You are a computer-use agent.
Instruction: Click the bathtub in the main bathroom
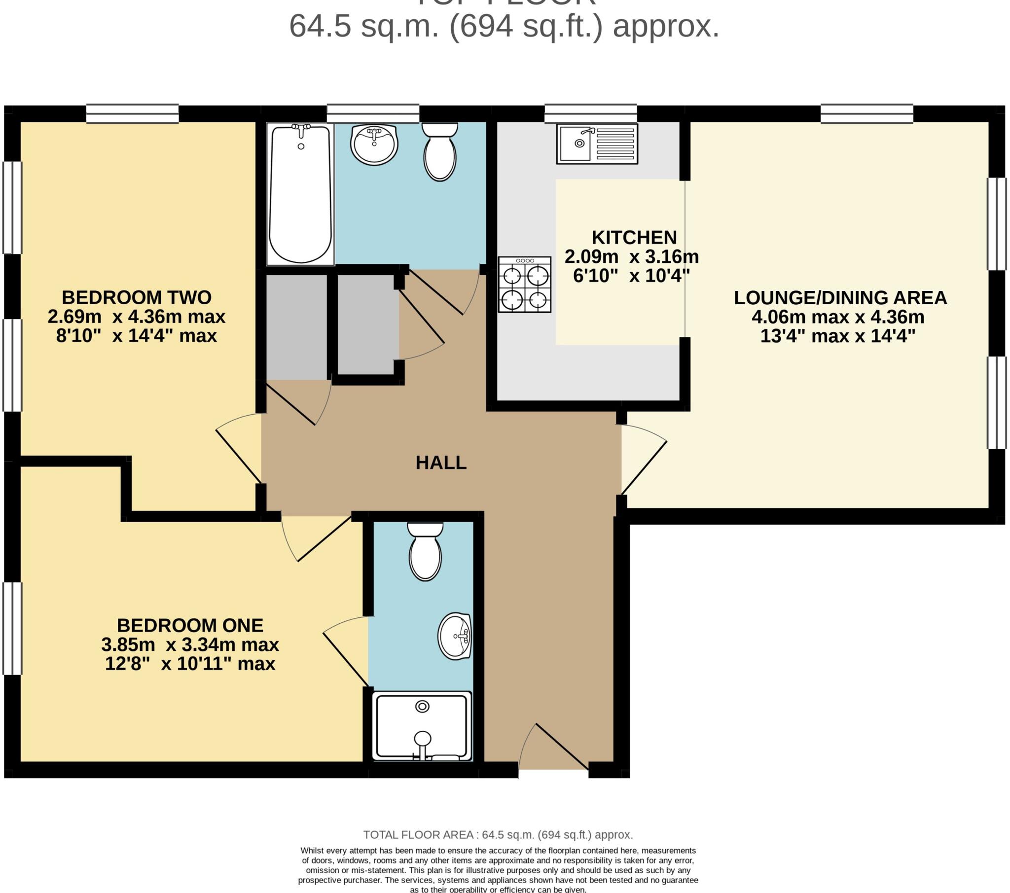pyautogui.click(x=300, y=194)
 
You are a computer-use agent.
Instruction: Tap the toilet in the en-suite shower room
pyautogui.click(x=425, y=552)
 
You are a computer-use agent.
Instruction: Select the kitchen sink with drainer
pyautogui.click(x=597, y=144)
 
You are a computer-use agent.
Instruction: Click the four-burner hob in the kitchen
pyautogui.click(x=524, y=285)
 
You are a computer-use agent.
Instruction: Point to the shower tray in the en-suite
pyautogui.click(x=422, y=726)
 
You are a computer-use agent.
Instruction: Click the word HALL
pyautogui.click(x=441, y=463)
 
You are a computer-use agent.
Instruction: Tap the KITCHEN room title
pyautogui.click(x=634, y=238)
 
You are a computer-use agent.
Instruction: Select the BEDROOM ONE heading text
pyautogui.click(x=190, y=626)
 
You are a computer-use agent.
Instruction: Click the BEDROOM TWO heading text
pyautogui.click(x=137, y=297)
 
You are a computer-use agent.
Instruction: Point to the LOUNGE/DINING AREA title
pyautogui.click(x=840, y=298)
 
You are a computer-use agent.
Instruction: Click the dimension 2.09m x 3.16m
pyautogui.click(x=632, y=257)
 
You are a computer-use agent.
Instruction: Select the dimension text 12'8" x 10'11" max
pyautogui.click(x=190, y=664)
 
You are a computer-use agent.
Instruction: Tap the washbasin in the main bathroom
pyautogui.click(x=374, y=144)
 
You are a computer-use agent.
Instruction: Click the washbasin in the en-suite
pyautogui.click(x=455, y=637)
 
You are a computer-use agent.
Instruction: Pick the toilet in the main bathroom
pyautogui.click(x=440, y=152)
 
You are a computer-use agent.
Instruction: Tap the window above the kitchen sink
pyautogui.click(x=590, y=114)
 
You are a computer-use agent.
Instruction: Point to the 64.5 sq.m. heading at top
pyautogui.click(x=504, y=26)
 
